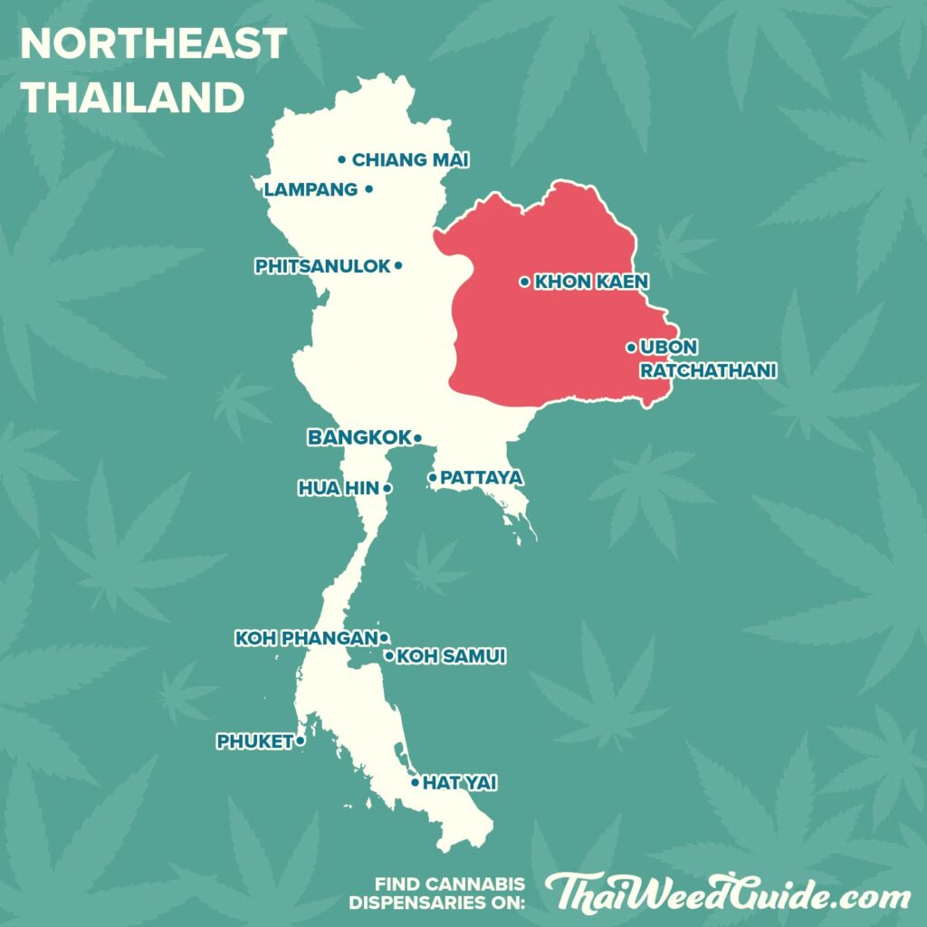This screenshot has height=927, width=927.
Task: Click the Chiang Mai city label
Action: pos(410,160)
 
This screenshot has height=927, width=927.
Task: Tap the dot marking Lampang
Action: pos(368,189)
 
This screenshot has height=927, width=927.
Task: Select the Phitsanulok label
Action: pos(322,266)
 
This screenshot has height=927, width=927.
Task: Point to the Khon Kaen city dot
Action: pos(524,282)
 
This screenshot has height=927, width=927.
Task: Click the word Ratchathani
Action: pos(708,370)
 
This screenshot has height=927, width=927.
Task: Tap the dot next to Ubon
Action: pos(631,347)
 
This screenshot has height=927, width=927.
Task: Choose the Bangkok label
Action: pos(359,438)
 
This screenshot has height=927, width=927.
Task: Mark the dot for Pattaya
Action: pos(433,477)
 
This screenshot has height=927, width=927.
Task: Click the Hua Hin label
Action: pos(339,488)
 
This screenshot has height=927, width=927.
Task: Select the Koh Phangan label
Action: pos(305,638)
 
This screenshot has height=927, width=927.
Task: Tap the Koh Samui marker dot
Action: pos(389,655)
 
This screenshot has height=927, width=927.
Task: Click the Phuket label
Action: pos(254,741)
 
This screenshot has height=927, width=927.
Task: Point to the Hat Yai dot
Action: pos(415,782)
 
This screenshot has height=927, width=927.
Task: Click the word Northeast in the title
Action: pos(153,43)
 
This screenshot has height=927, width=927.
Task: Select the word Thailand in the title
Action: pos(132,97)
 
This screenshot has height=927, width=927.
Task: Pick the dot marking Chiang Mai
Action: pos(342,160)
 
